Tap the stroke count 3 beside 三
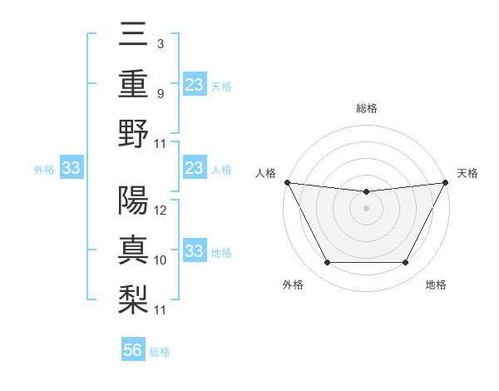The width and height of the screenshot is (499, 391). [x=159, y=43]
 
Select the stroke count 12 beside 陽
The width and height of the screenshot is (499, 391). [x=161, y=210]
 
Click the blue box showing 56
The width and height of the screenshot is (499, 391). [x=133, y=350]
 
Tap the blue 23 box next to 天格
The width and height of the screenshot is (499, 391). [x=195, y=85]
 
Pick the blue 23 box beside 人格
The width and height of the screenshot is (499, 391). [x=195, y=169]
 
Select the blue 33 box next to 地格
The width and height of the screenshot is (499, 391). [x=195, y=251]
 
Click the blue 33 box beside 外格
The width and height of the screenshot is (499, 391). [x=71, y=169]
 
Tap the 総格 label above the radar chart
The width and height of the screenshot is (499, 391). [x=366, y=108]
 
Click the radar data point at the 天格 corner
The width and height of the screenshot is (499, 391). [x=445, y=182]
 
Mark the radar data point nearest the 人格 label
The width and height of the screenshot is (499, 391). [x=287, y=182]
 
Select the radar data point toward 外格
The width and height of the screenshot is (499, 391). [x=327, y=263]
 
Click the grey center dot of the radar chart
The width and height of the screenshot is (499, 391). [x=366, y=208]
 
